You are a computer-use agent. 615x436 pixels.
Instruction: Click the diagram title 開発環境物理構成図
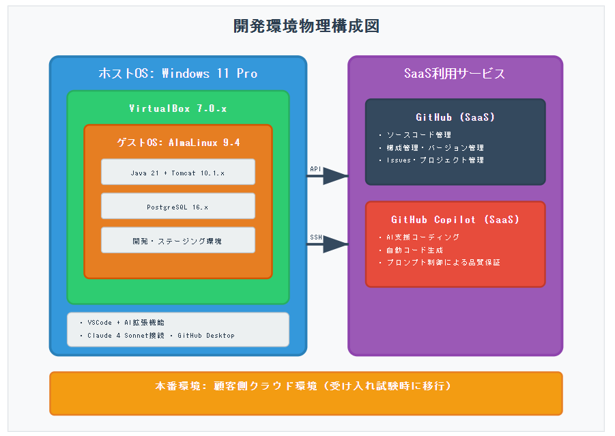click(306, 27)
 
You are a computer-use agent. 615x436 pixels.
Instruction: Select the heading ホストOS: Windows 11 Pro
click(178, 74)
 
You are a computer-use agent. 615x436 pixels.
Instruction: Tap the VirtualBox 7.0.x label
click(178, 108)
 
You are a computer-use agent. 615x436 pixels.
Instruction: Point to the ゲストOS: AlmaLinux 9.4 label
click(178, 143)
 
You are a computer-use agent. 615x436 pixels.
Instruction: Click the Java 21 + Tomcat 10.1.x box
click(178, 173)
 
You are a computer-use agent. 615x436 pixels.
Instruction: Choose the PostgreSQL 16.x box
click(178, 206)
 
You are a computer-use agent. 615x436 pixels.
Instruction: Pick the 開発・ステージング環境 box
click(178, 240)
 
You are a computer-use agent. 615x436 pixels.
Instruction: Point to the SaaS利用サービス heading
click(455, 74)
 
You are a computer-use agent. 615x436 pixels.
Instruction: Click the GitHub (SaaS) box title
click(455, 117)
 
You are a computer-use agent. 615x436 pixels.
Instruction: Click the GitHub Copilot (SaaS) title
click(455, 220)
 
